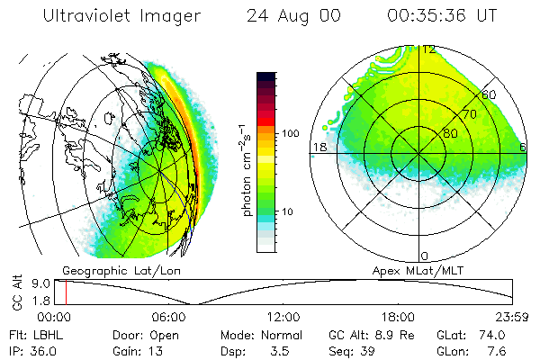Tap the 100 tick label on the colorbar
coord(290,133)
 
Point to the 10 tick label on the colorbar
coord(287,211)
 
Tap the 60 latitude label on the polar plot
coord(490,94)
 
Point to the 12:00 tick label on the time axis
coord(284,318)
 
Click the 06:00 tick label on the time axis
coord(169,318)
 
